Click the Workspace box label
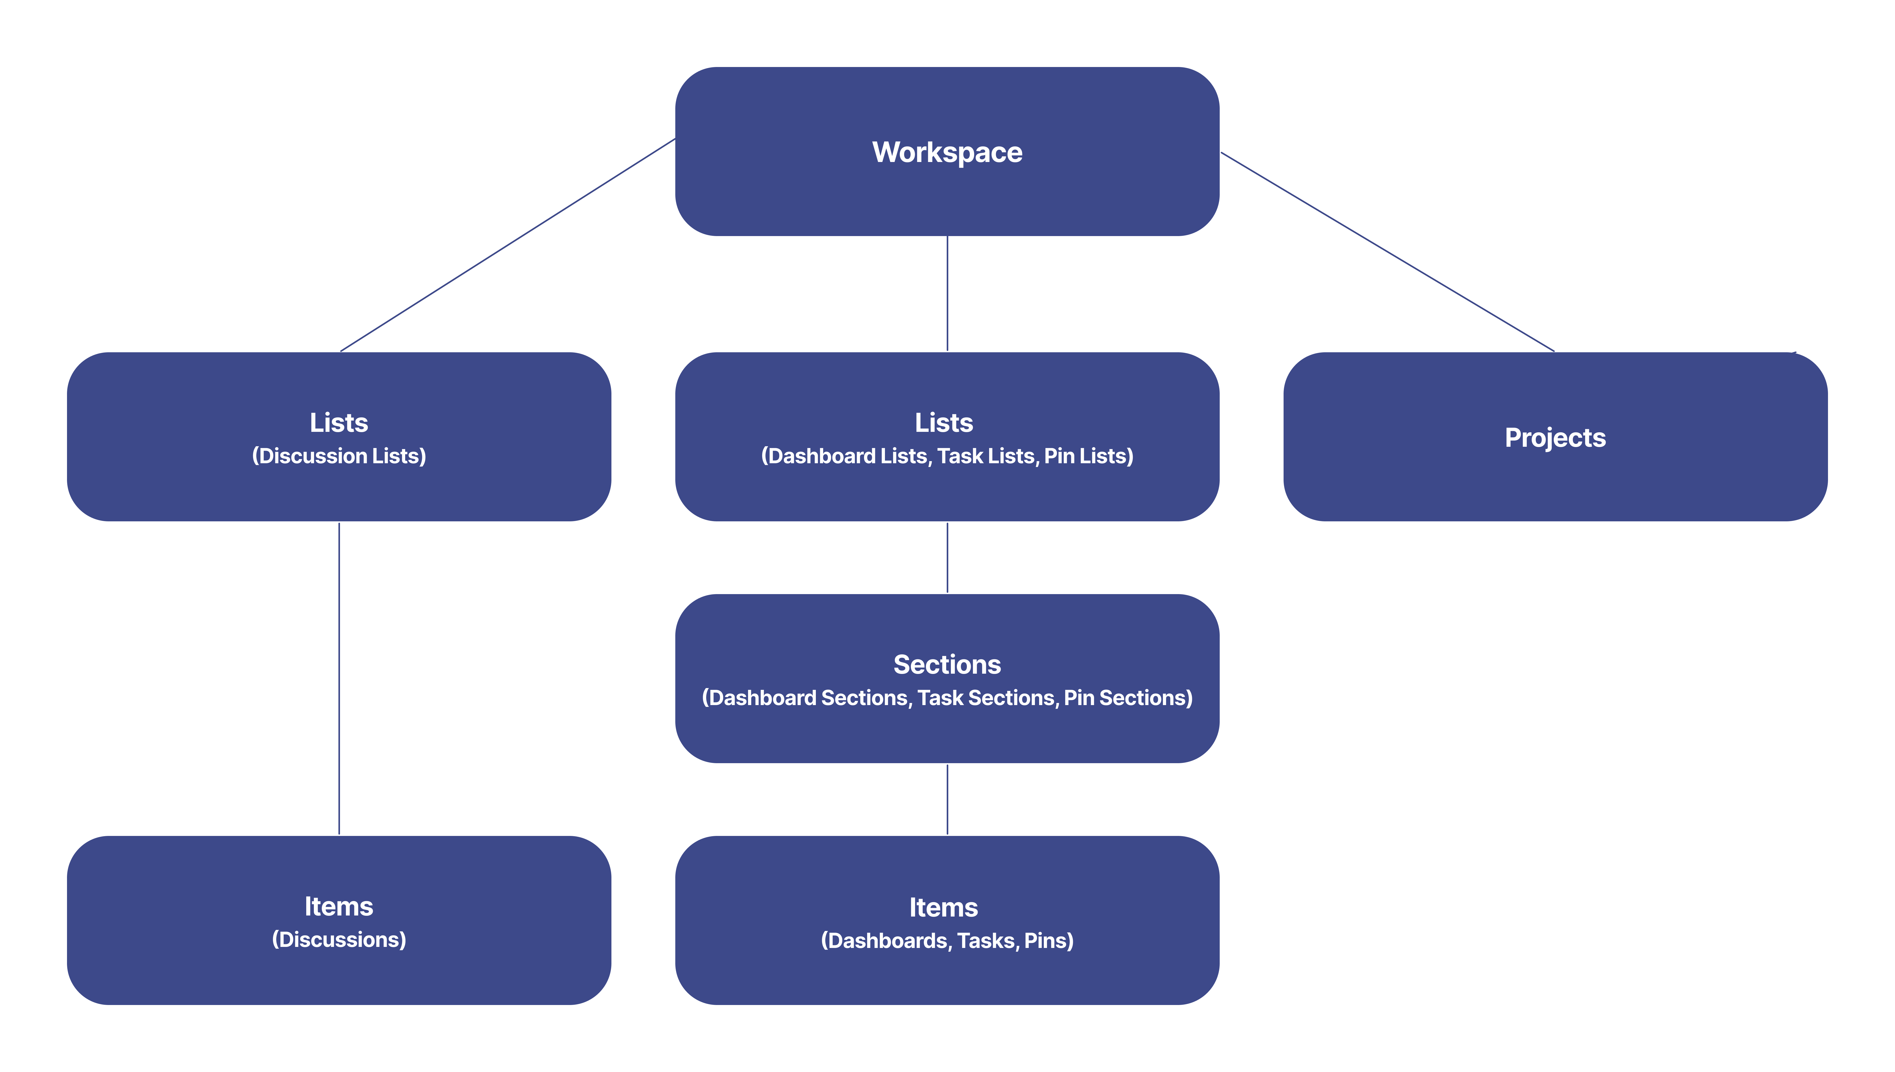(947, 152)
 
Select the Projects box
(1555, 437)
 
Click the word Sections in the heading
(947, 665)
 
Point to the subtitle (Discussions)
(339, 940)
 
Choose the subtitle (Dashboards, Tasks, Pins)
(947, 941)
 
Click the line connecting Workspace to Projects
(1388, 252)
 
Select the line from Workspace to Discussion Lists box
(508, 244)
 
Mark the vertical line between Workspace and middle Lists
(947, 294)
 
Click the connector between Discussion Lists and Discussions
(339, 677)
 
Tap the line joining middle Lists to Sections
(947, 557)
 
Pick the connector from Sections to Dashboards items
(947, 799)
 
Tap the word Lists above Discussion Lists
(339, 423)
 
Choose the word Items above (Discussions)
(339, 906)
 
